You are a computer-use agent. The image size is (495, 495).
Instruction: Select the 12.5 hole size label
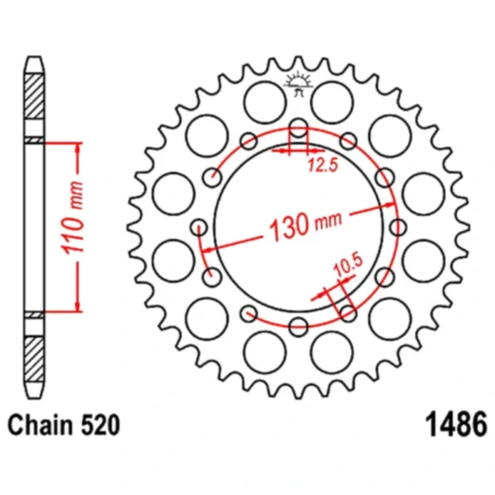tap(323, 168)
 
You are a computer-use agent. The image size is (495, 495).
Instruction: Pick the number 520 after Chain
tap(99, 426)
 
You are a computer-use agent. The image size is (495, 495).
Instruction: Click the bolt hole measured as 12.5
tap(298, 130)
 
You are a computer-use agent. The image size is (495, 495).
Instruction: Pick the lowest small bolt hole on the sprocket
tap(298, 327)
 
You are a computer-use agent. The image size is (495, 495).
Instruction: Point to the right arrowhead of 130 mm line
tap(393, 201)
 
